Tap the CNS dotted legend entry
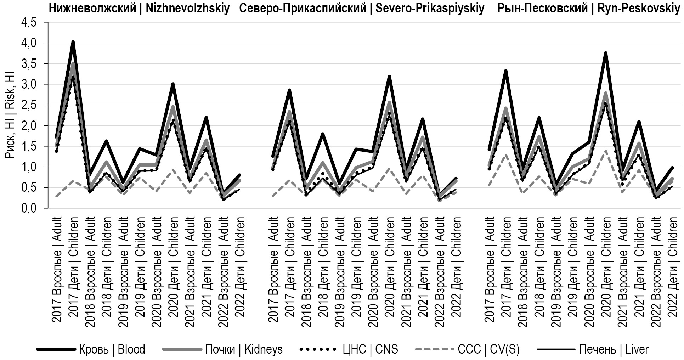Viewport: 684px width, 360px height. [x=349, y=349]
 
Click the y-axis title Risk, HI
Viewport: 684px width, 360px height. [x=10, y=115]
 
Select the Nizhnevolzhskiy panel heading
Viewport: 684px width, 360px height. [x=139, y=9]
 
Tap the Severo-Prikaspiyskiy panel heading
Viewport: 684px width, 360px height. [x=362, y=9]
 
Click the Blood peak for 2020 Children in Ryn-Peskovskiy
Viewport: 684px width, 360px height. [x=606, y=53]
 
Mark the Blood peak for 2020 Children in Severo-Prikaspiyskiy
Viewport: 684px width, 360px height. [x=389, y=77]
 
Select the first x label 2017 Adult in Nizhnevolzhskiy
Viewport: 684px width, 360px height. [x=57, y=269]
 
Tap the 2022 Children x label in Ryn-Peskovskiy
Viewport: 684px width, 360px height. [x=672, y=269]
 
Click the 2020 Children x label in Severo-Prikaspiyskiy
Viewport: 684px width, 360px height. [x=389, y=269]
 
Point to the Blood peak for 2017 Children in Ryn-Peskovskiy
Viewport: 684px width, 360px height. [x=506, y=71]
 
